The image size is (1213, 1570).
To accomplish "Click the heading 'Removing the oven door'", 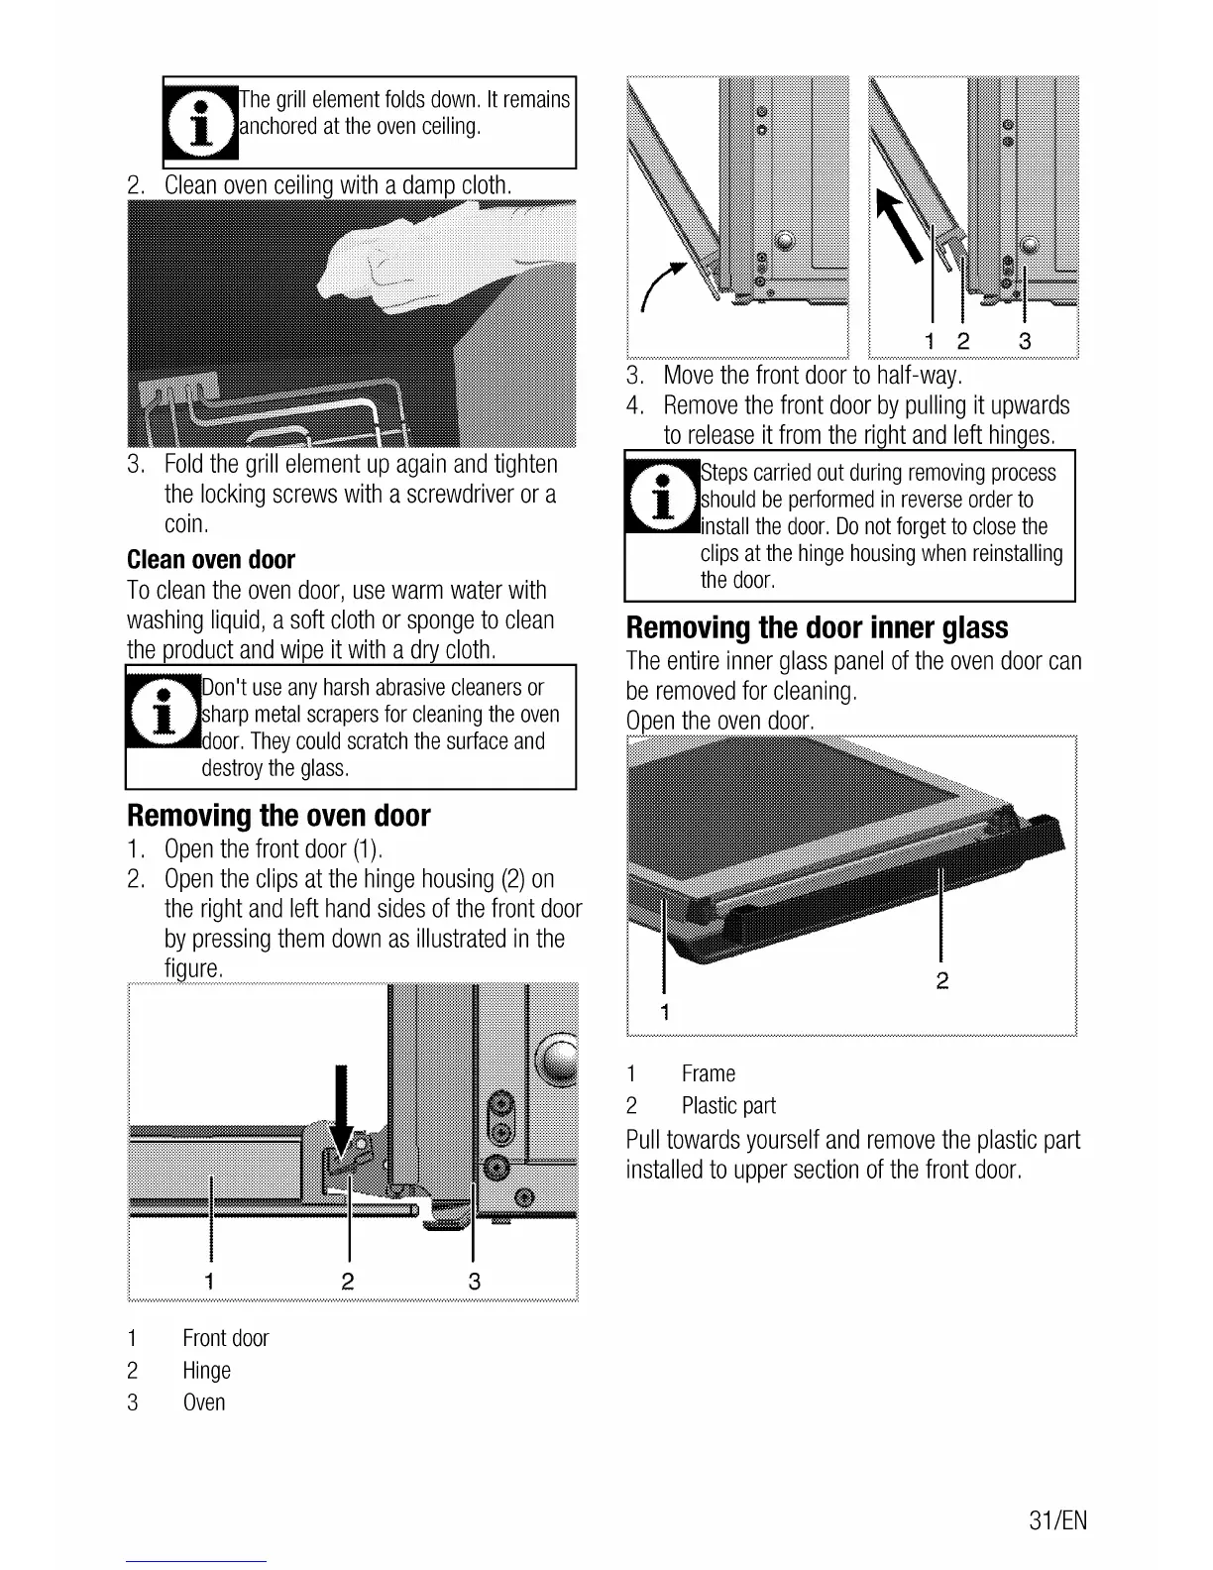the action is [278, 816].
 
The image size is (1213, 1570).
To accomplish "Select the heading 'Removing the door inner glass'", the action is [817, 628].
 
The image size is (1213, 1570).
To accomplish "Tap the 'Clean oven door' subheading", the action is [211, 560].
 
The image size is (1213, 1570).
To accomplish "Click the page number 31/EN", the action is [1057, 1519].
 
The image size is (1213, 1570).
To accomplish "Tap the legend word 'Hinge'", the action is [206, 1371].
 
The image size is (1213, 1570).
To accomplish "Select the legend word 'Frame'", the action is [708, 1074].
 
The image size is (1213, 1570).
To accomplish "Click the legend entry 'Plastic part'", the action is [728, 1106].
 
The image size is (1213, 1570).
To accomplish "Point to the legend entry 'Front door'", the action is [225, 1339].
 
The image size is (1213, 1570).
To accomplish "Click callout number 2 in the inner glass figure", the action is [942, 981].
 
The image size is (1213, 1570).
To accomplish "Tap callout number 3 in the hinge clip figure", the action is [475, 1282].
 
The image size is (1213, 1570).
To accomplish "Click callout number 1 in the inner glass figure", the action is [665, 1012].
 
